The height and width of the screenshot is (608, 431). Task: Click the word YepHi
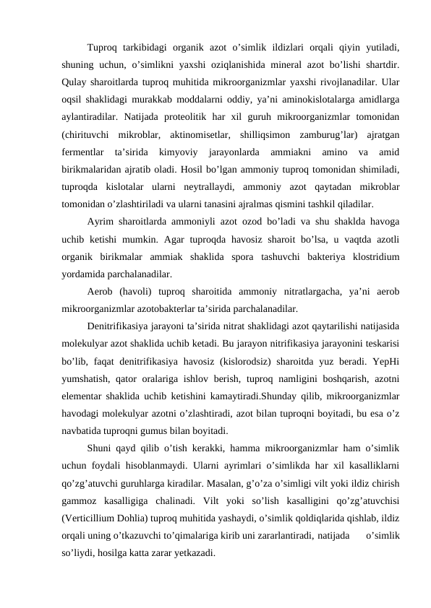385,360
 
